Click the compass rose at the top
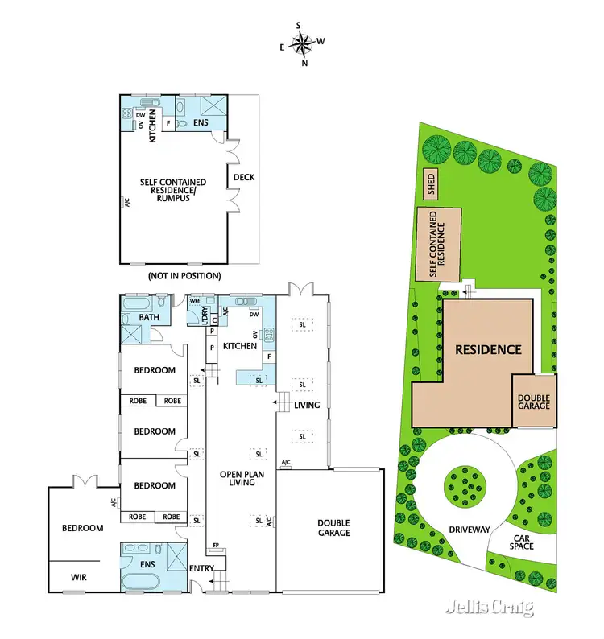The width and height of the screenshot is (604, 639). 301,42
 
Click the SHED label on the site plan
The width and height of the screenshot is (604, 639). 432,184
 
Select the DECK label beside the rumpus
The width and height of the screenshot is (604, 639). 243,178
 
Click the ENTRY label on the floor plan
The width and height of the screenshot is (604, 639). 201,569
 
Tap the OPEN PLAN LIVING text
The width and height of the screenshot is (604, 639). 242,478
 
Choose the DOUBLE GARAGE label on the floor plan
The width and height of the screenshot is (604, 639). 333,527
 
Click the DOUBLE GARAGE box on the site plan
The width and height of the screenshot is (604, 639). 534,402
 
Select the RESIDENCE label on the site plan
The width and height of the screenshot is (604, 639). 489,349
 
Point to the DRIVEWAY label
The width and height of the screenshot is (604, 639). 470,529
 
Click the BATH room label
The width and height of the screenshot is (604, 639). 149,318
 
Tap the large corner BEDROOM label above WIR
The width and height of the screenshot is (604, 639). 84,528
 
